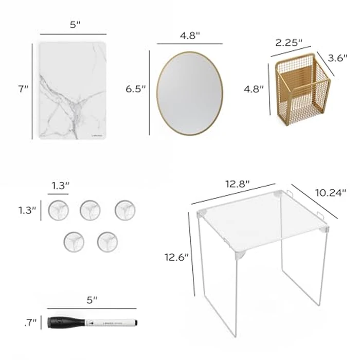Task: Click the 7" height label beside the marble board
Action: tap(23, 89)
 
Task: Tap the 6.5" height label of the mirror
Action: tap(136, 88)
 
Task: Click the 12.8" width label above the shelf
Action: tap(237, 183)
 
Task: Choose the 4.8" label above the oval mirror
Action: tap(190, 35)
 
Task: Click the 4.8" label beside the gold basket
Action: tap(254, 88)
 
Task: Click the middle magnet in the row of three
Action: tap(89, 209)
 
